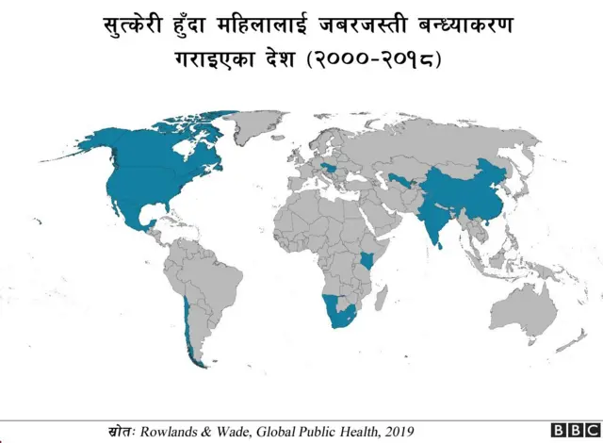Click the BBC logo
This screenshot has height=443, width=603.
coord(573,431)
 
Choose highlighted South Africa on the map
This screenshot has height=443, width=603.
coord(342,319)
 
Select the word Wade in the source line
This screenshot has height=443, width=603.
coord(235,431)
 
